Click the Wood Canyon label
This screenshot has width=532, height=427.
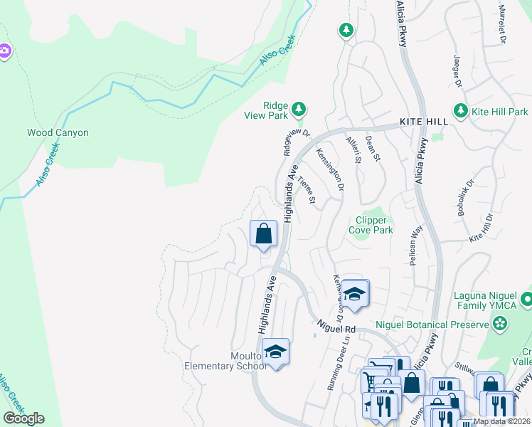pos(58,132)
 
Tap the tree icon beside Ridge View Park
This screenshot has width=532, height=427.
pos(300,108)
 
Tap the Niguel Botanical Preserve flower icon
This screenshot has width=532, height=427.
pos(501,325)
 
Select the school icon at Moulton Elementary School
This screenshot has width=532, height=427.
pos(275,351)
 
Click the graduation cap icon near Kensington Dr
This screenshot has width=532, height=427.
pos(353,292)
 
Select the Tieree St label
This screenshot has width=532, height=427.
pos(307,189)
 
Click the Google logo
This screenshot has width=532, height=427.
pos(23,418)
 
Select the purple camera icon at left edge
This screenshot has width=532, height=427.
pos(4,51)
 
